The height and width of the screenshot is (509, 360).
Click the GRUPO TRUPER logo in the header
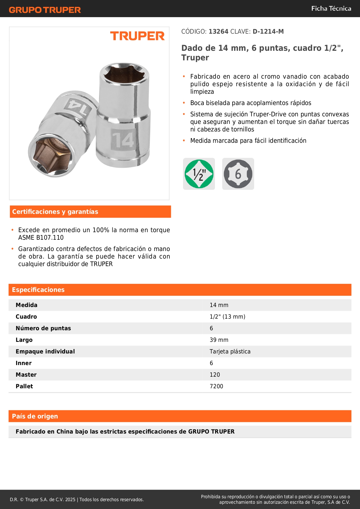click(45, 10)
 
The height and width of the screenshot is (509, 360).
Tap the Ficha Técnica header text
click(331, 8)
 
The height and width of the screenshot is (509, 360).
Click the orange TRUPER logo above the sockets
click(137, 36)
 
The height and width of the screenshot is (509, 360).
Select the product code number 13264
click(218, 32)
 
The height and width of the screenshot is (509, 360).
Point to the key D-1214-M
click(268, 32)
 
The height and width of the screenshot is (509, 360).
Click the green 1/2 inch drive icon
click(199, 174)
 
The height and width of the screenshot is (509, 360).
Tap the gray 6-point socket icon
click(238, 174)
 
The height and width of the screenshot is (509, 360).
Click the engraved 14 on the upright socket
click(123, 140)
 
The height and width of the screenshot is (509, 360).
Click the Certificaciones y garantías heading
click(55, 212)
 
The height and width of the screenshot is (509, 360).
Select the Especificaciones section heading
click(38, 290)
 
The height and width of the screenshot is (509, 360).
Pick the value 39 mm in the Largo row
click(219, 340)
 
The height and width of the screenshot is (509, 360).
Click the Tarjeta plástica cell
click(230, 351)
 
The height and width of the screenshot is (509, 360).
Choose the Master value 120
click(215, 375)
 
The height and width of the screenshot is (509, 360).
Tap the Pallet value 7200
click(216, 386)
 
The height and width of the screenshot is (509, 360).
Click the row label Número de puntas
click(43, 328)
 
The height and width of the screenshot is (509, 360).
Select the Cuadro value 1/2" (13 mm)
click(227, 317)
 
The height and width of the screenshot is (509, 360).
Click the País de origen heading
click(35, 416)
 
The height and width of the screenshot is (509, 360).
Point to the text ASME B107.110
click(41, 238)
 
